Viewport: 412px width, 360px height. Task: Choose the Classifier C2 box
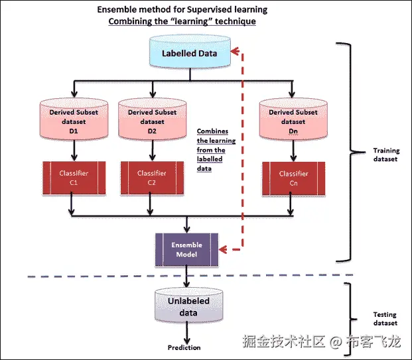151,178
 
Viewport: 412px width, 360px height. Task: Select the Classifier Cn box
293,178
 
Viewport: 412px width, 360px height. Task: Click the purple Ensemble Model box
186,249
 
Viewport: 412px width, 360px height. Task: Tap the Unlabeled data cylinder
188,306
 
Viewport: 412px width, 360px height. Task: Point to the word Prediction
184,347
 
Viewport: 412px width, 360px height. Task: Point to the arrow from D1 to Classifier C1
73,152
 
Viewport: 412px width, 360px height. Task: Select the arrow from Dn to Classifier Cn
291,152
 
